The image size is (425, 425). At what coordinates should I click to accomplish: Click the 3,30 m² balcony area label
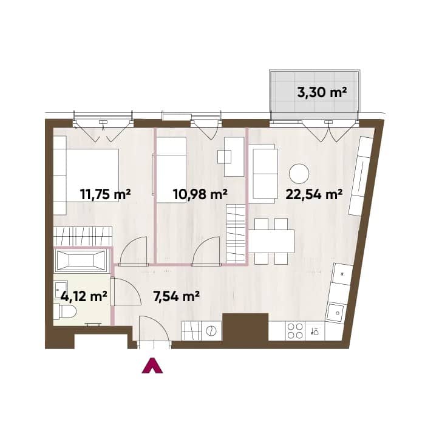(322, 93)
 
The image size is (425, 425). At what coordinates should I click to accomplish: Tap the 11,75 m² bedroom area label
(106, 194)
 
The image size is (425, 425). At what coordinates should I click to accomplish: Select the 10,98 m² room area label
(200, 194)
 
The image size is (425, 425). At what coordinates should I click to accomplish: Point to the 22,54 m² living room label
(314, 194)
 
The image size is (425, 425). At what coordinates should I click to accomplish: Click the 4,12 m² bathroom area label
(84, 296)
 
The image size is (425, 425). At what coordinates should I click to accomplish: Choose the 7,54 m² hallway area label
(177, 296)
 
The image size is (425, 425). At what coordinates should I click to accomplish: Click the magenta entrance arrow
(152, 365)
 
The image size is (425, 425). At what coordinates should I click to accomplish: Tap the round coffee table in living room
(299, 174)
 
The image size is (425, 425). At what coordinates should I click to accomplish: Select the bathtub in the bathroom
(81, 260)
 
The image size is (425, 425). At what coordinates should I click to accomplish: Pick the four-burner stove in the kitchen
(295, 331)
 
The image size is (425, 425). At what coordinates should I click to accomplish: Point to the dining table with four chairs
(271, 242)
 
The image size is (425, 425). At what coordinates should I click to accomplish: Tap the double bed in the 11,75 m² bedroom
(86, 175)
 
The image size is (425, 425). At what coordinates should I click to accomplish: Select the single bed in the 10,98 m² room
(171, 169)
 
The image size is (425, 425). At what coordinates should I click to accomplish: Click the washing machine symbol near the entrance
(211, 331)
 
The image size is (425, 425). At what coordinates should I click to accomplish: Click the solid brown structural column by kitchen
(245, 327)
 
